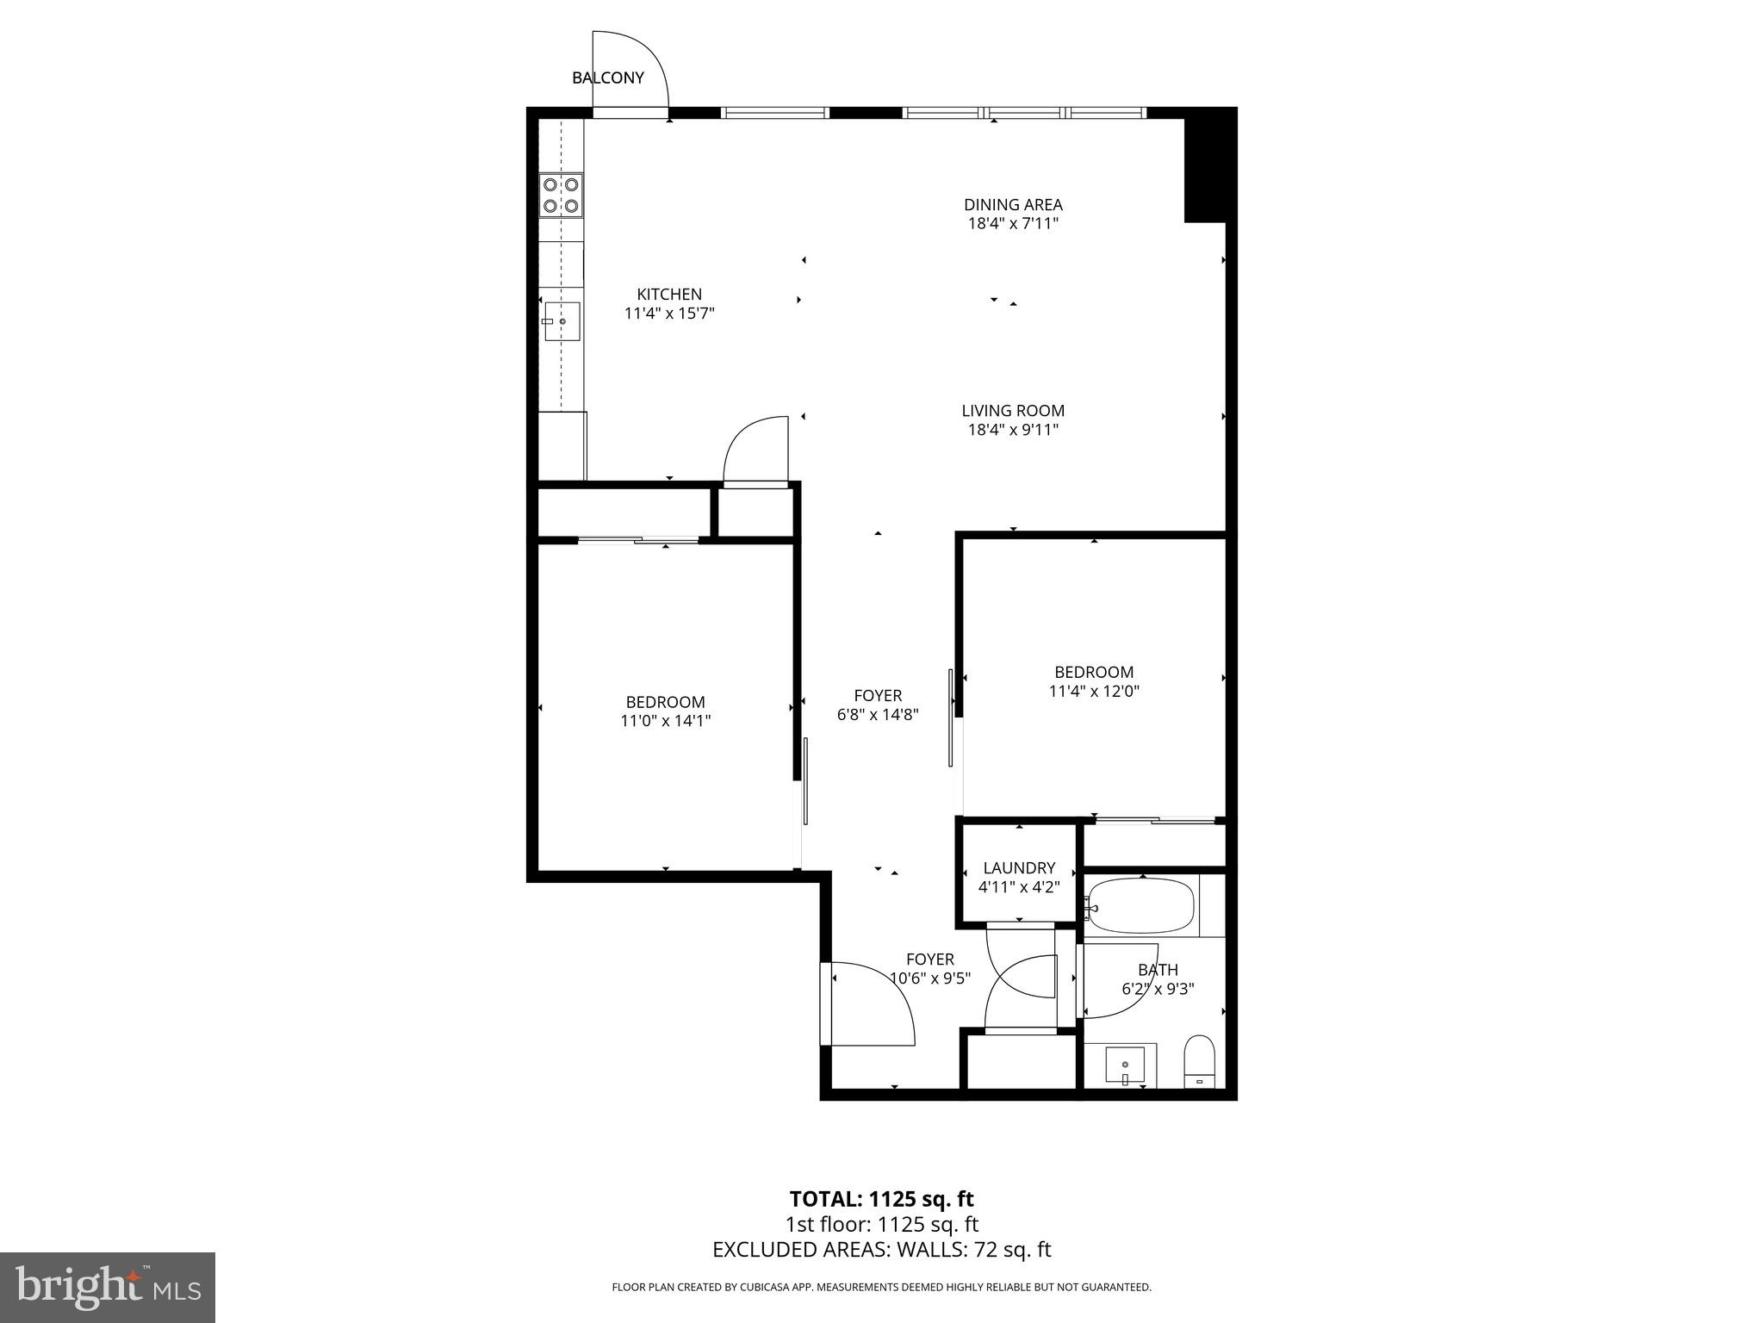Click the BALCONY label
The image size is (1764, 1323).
click(607, 78)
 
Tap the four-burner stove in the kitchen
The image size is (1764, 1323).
click(561, 195)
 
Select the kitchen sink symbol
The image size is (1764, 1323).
click(562, 322)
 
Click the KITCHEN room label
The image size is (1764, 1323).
click(669, 295)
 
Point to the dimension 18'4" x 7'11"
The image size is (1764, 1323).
click(1013, 224)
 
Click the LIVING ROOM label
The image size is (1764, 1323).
click(1013, 411)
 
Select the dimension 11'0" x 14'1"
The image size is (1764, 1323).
click(665, 721)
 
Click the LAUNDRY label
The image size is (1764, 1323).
click(1019, 868)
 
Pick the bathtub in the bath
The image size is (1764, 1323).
click(1141, 906)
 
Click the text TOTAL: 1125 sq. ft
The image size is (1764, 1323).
click(881, 1199)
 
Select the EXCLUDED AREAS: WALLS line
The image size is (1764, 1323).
click(881, 1250)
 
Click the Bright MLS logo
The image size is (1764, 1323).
click(108, 1287)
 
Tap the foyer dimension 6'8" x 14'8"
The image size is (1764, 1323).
click(878, 714)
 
